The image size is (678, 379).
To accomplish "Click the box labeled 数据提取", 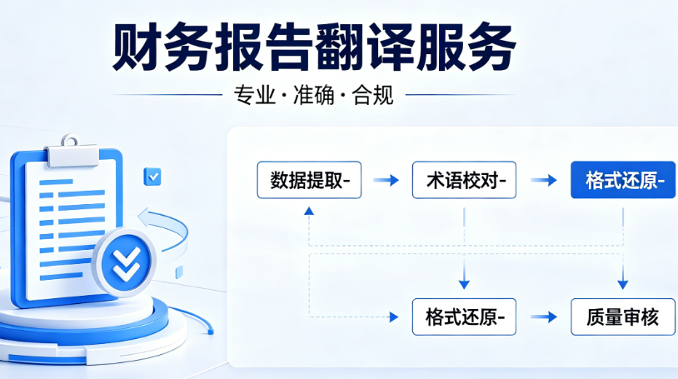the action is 309,180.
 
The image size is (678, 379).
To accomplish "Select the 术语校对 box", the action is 464,180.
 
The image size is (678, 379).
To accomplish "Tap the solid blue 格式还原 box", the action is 623,180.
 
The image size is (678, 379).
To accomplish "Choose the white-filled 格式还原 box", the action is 464,317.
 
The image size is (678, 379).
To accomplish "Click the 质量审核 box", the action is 623,317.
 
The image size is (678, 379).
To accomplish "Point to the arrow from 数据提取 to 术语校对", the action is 386,180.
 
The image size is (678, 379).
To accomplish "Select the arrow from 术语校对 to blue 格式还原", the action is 544,180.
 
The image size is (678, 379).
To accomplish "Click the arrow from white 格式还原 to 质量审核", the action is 544,317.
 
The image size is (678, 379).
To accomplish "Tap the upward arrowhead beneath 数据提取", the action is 309,211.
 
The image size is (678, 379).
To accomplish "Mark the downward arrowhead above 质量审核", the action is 623,284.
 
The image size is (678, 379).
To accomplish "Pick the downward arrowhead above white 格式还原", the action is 464,284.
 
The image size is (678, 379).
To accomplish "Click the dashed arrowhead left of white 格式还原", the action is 393,317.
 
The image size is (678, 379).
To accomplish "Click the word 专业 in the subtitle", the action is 255,95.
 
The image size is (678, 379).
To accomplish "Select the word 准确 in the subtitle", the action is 313,95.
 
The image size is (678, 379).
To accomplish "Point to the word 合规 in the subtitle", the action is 372,95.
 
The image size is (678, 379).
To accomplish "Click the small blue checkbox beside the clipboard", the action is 152,177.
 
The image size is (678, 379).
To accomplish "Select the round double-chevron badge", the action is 126,262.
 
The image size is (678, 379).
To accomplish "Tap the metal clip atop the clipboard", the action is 72,152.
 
